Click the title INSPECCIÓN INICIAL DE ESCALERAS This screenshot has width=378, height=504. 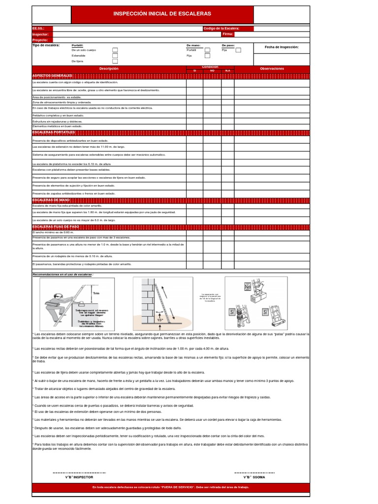click(162, 14)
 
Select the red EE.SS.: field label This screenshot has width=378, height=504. click(38, 29)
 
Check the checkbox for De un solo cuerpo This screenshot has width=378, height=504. click(115, 50)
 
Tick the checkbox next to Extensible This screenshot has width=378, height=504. click(115, 56)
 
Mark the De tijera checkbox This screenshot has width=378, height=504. click(115, 62)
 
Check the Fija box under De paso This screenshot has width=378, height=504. click(238, 50)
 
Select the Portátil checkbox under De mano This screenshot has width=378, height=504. click(207, 50)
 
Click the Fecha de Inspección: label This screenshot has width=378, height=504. click(282, 47)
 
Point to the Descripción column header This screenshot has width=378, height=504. click(109, 68)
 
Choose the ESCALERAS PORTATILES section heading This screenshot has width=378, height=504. click(53, 132)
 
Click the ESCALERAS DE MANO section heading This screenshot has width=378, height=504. click(51, 200)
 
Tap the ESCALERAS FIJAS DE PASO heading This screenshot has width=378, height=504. click(56, 226)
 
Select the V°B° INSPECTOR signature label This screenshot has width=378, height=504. click(79, 477)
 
